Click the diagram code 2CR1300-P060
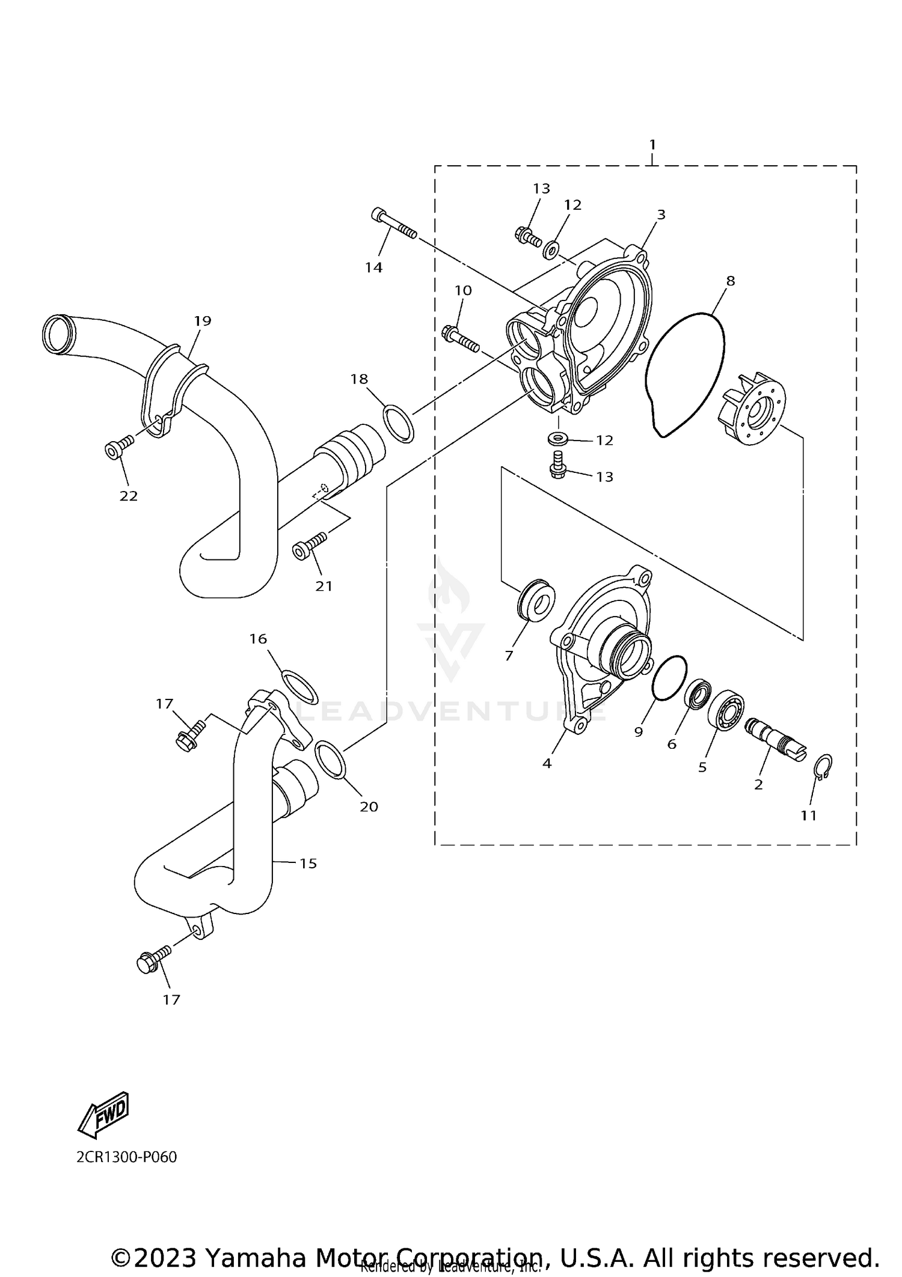tap(126, 1157)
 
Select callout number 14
tap(374, 267)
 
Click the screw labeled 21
tap(308, 544)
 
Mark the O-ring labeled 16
tap(299, 686)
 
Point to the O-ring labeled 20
tap(330, 759)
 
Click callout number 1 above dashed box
tap(652, 145)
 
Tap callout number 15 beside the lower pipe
tap(308, 864)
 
